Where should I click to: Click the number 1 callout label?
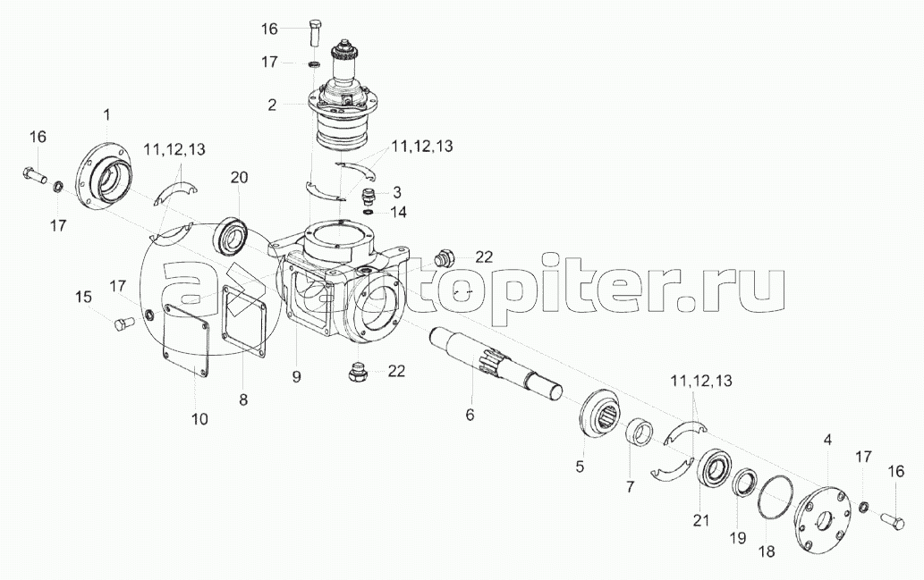(x=106, y=114)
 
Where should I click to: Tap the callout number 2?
(x=272, y=105)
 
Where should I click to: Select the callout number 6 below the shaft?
(x=470, y=414)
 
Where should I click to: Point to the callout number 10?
(x=199, y=417)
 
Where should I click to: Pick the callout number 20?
(x=238, y=177)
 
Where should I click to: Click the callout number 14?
(x=398, y=212)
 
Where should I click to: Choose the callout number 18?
(x=766, y=552)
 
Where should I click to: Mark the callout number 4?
(x=827, y=440)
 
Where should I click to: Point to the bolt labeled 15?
(x=122, y=324)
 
